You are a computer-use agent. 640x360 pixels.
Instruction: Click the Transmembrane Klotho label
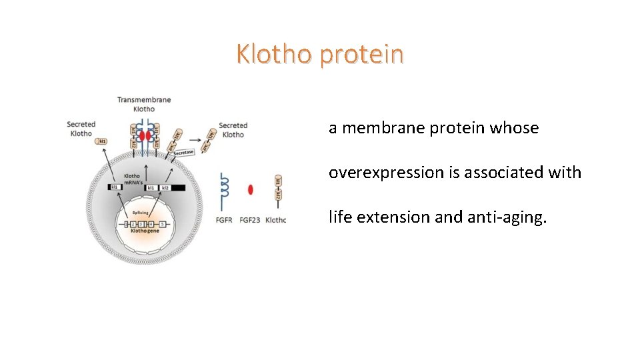[x=144, y=104]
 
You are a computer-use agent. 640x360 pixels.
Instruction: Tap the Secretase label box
[x=183, y=153]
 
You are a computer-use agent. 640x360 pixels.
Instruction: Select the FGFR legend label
[x=224, y=220]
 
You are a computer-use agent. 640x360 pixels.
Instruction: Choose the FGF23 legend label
[x=250, y=220]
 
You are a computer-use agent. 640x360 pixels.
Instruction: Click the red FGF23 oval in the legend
[x=251, y=190]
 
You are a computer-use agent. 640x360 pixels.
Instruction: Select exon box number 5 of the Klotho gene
[x=162, y=223]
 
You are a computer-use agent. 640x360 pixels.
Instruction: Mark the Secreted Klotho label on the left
[x=81, y=129]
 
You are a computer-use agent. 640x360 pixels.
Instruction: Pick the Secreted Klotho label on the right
[x=233, y=130]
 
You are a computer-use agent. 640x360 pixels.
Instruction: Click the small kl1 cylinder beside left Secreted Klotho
[x=102, y=141]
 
